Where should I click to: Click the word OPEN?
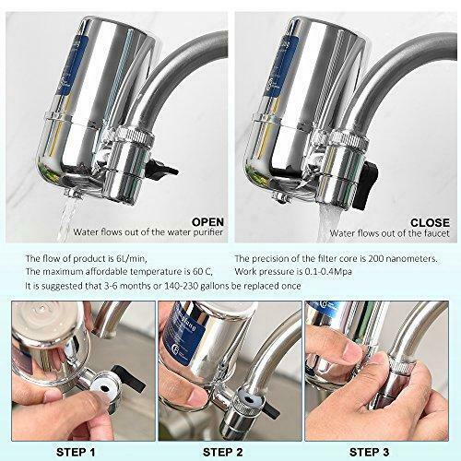pyautogui.click(x=207, y=222)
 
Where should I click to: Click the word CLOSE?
pyautogui.click(x=430, y=222)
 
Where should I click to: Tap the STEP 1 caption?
pyautogui.click(x=76, y=452)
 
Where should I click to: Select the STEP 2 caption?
pyautogui.click(x=222, y=452)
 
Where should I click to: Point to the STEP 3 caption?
pyautogui.click(x=369, y=452)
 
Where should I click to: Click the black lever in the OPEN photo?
pyautogui.click(x=161, y=170)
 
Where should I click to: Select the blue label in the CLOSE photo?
pyautogui.click(x=279, y=67)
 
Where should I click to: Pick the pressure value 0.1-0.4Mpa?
pyautogui.click(x=328, y=272)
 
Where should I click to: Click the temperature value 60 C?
pyautogui.click(x=202, y=272)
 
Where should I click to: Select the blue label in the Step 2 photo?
pyautogui.click(x=183, y=335)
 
